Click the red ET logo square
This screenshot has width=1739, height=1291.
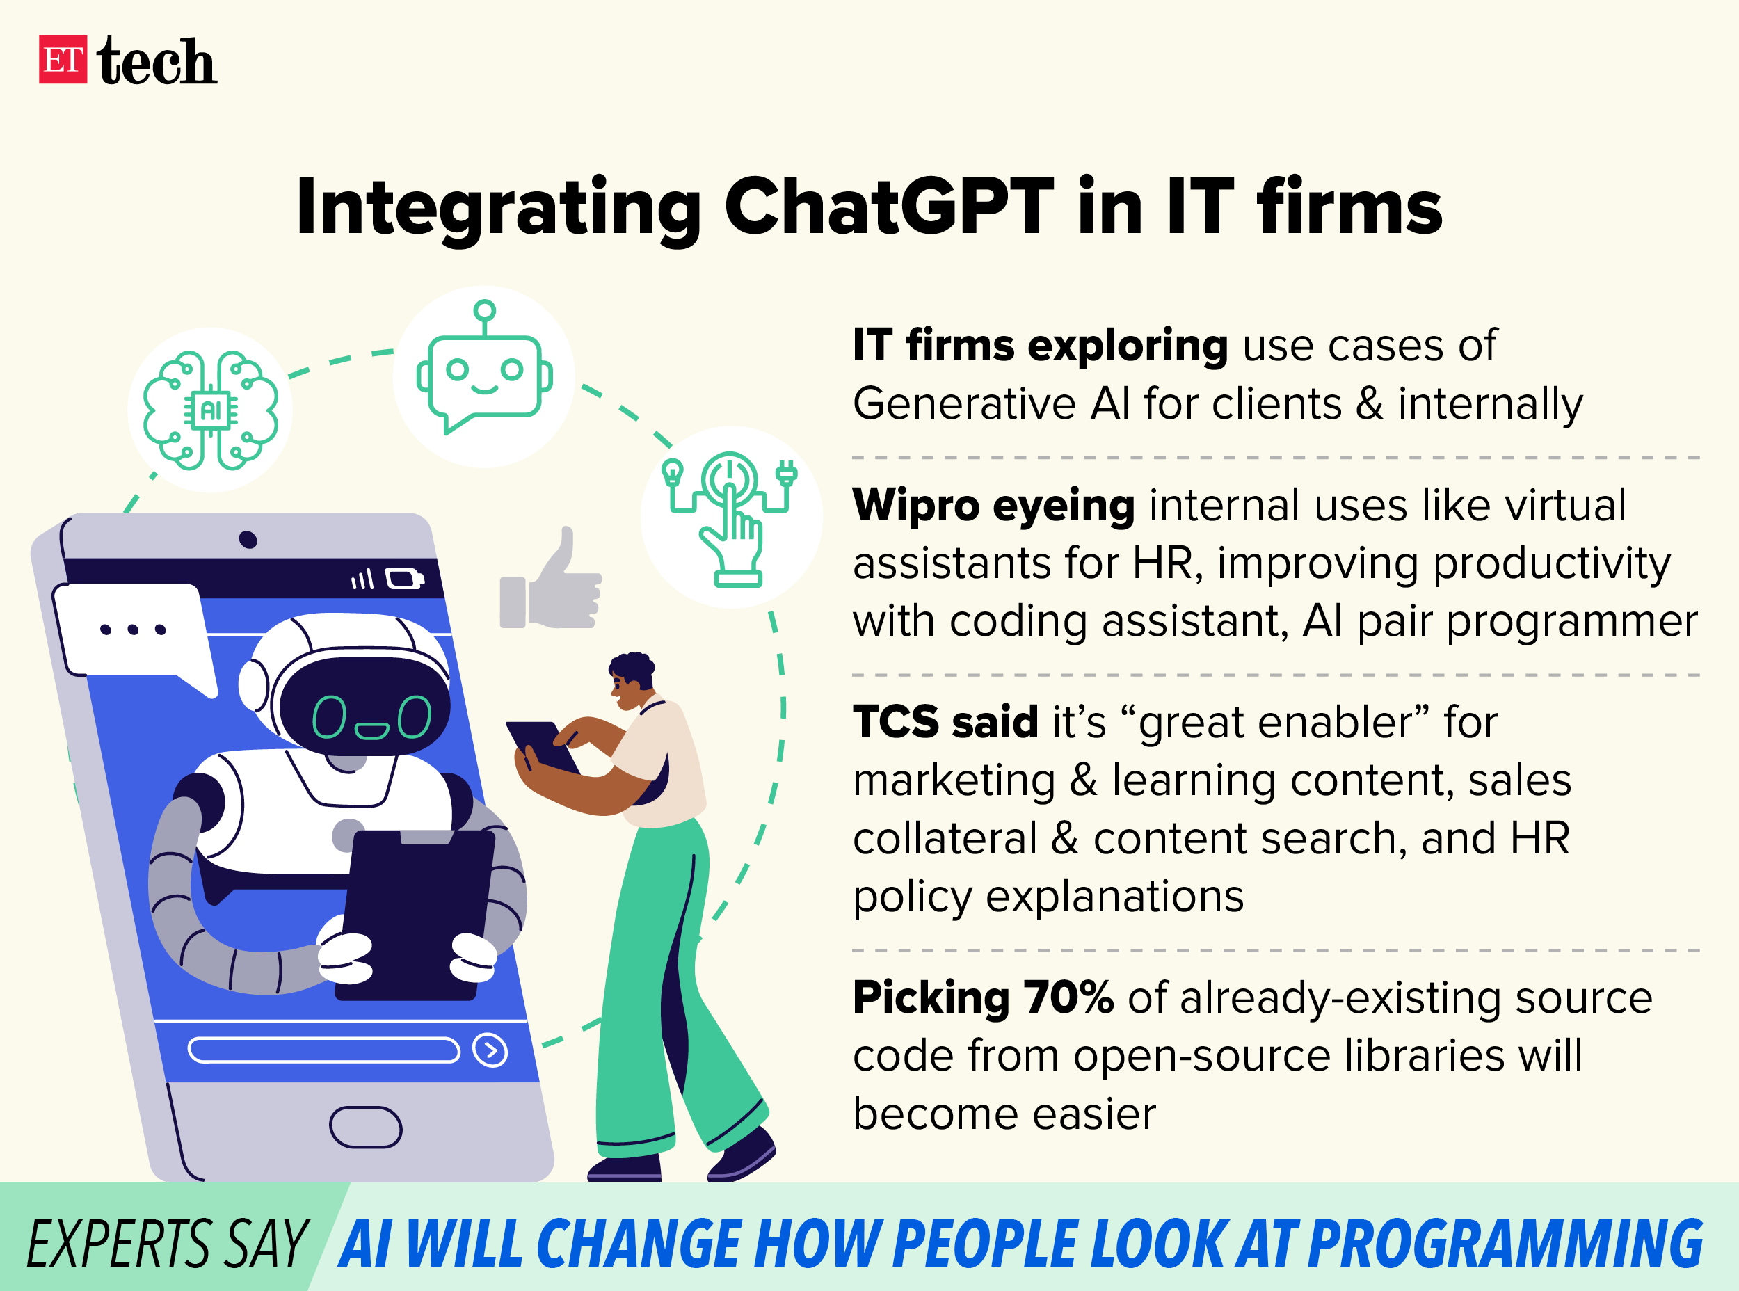[63, 59]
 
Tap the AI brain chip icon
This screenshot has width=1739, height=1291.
[210, 410]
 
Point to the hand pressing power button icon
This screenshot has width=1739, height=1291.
[731, 518]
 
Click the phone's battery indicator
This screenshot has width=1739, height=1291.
[405, 579]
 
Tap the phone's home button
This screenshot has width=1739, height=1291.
[366, 1127]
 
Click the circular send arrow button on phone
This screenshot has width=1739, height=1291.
[490, 1050]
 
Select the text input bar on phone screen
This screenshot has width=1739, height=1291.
[323, 1050]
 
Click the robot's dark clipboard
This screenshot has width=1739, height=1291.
[415, 914]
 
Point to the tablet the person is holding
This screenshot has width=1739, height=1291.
[543, 747]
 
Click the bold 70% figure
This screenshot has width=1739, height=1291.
[1068, 997]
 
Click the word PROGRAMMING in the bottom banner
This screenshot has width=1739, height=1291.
[1505, 1243]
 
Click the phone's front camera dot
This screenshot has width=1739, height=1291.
[248, 539]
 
